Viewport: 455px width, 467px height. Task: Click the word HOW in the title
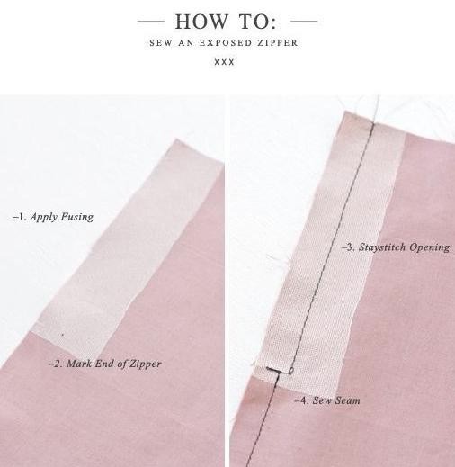[x=201, y=22]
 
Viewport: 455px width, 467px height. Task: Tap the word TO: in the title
[x=257, y=22]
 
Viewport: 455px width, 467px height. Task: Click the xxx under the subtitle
[x=224, y=62]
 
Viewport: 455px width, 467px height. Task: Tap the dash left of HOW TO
[x=151, y=22]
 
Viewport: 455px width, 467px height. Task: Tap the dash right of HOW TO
[x=304, y=22]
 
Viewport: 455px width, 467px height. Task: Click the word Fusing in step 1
[x=77, y=217]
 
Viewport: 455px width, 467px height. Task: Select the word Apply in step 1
[x=44, y=217]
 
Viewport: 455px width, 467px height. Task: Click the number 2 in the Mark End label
[x=58, y=364]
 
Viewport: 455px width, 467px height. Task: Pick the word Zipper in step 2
[x=145, y=364]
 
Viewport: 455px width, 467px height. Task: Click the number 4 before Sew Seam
[x=304, y=400]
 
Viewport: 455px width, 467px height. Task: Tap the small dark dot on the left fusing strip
[x=63, y=335]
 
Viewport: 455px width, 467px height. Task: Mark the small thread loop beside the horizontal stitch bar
[x=291, y=371]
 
